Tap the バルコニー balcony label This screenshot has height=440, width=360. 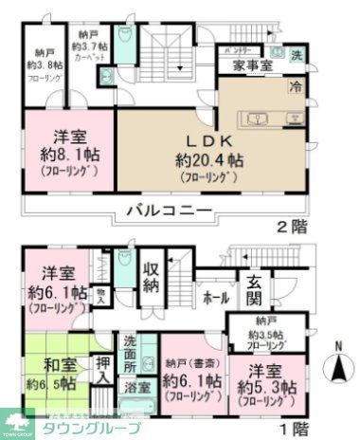(158, 211)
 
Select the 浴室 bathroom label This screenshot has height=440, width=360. (137, 387)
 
